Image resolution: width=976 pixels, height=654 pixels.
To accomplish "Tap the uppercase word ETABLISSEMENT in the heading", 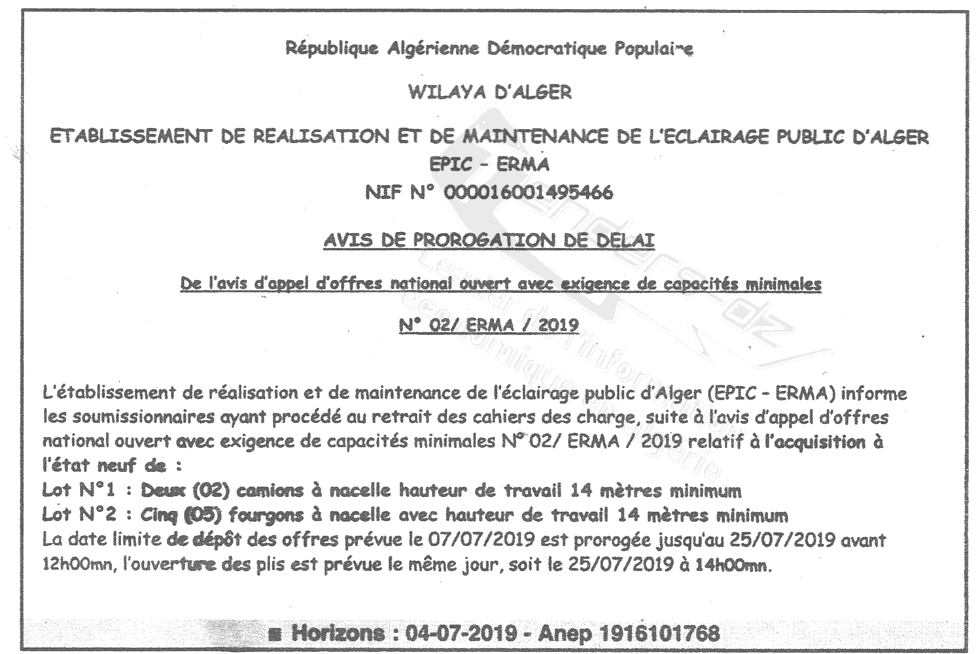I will pyautogui.click(x=131, y=137).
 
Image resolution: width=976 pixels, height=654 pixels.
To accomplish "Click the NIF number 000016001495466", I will pyautogui.click(x=529, y=193).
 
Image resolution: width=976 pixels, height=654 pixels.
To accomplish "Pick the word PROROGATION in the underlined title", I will pyautogui.click(x=483, y=240).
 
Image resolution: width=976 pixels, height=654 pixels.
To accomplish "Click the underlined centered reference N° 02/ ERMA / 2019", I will pyautogui.click(x=489, y=325).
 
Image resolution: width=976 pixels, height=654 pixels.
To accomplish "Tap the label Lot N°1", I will pyautogui.click(x=78, y=490).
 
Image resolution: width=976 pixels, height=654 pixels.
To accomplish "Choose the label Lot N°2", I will pyautogui.click(x=78, y=515).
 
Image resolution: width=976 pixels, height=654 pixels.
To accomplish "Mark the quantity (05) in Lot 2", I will pyautogui.click(x=201, y=515).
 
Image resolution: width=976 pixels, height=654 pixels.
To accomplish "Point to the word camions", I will pyautogui.click(x=270, y=490).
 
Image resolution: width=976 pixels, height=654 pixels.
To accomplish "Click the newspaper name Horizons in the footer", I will pyautogui.click(x=338, y=633).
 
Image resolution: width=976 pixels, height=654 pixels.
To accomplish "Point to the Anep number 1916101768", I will pyautogui.click(x=659, y=633).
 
